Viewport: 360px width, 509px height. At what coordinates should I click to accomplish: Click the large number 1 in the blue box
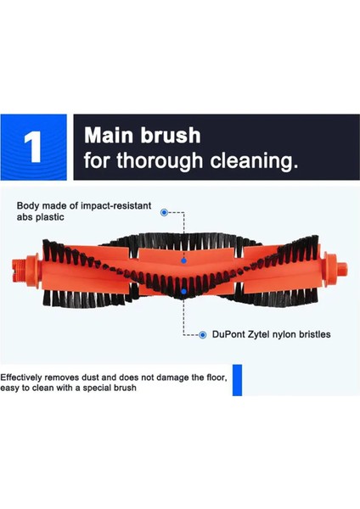(34, 146)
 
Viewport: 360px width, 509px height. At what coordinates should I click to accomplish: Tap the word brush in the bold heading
(171, 135)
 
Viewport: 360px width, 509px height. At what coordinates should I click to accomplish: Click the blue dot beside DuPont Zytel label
(202, 335)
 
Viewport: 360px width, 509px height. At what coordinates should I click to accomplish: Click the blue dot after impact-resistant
(163, 213)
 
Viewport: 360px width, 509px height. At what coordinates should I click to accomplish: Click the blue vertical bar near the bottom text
(238, 379)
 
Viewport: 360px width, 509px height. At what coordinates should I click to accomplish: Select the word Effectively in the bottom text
(24, 377)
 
